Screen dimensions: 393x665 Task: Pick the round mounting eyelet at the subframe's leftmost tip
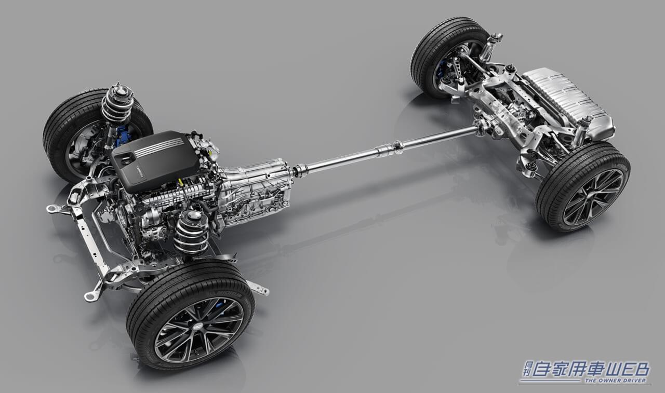pyautogui.click(x=51, y=209)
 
